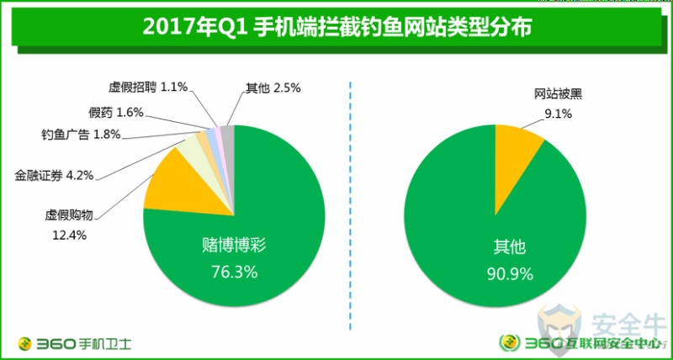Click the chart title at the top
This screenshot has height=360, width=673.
point(336,27)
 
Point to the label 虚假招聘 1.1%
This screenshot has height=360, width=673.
point(147,87)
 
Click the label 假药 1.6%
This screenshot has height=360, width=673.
point(116,112)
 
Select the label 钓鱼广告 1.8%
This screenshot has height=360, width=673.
point(81,134)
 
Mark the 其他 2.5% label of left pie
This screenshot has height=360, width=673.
point(273,87)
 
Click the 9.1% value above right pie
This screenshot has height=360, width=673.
point(559,113)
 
